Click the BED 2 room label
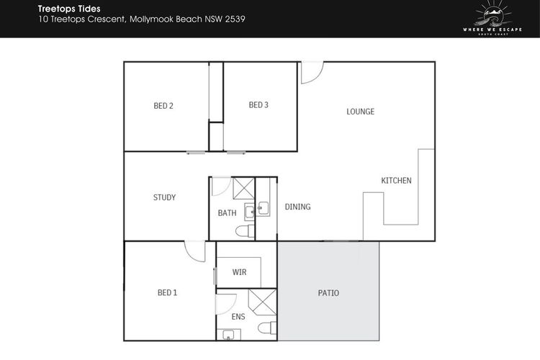tap(163, 106)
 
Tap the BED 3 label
tap(258, 105)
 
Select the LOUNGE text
tap(360, 112)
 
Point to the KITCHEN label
tap(396, 181)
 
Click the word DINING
tap(297, 207)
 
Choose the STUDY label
tap(164, 197)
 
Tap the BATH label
tap(227, 213)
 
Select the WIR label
tap(239, 272)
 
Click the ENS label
tap(238, 317)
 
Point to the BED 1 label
tap(167, 293)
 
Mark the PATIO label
tap(328, 293)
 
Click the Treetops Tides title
tap(69, 9)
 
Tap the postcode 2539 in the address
tap(235, 19)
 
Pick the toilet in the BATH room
tap(245, 231)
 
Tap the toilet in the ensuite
tap(267, 328)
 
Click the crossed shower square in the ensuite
tap(262, 302)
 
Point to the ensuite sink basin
tap(228, 335)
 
